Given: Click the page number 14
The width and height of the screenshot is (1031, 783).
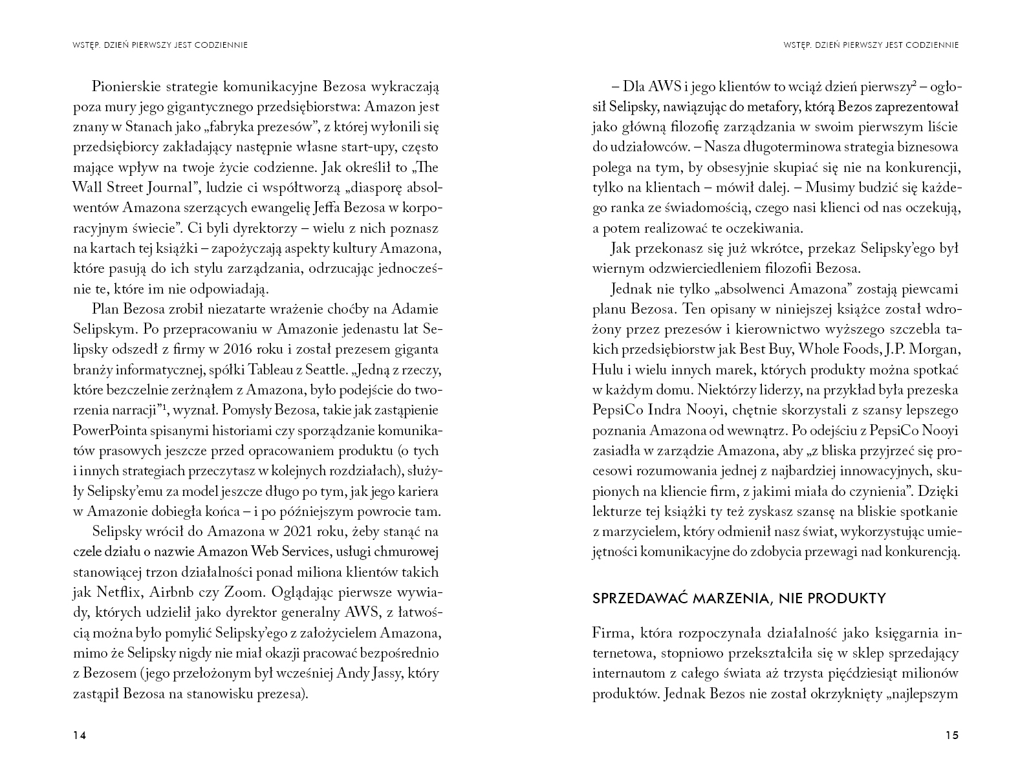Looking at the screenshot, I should [x=80, y=735].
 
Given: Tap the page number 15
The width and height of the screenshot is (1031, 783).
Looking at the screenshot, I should [x=951, y=735].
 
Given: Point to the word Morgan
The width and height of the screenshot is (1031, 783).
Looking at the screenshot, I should [x=935, y=349].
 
